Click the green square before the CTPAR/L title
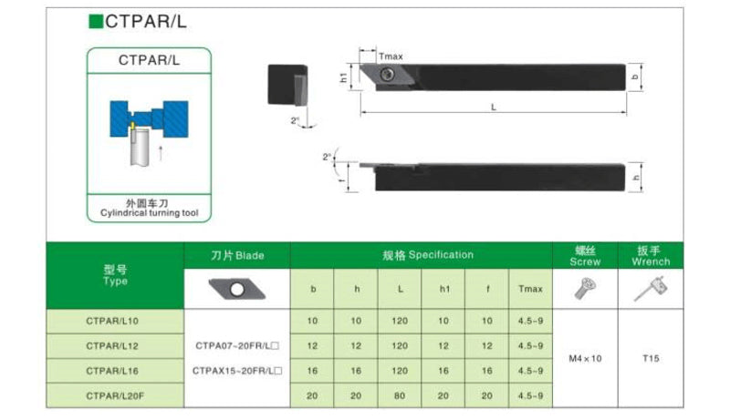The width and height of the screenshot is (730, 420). (95, 21)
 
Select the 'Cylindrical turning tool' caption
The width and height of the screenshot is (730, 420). (149, 213)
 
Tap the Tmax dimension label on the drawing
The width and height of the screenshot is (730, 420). (391, 56)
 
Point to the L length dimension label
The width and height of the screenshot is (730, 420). (493, 107)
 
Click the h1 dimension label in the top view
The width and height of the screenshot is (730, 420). (344, 78)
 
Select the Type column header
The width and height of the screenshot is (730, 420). (116, 275)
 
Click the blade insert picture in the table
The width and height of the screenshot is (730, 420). (237, 290)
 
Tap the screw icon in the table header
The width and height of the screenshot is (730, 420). (585, 289)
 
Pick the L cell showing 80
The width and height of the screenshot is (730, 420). (400, 394)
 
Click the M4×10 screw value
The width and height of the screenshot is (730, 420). (585, 358)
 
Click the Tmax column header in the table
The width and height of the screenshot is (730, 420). (530, 289)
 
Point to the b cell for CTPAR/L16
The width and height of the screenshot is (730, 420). (313, 371)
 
